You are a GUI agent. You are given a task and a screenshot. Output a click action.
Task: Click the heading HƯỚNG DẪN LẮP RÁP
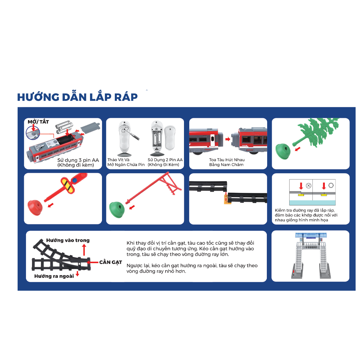pyautogui.click(x=77, y=97)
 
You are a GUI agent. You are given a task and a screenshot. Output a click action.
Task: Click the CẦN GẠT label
pyautogui.click(x=110, y=262)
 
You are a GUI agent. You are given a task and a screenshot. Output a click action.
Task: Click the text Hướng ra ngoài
pyautogui.click(x=54, y=276)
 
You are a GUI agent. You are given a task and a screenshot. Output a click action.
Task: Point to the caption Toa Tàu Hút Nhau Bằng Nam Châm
pyautogui.click(x=226, y=162)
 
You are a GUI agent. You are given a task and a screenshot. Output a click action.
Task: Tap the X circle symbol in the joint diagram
pyautogui.click(x=308, y=186)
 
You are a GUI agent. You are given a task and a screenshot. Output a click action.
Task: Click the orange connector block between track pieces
pyautogui.click(x=228, y=200)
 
